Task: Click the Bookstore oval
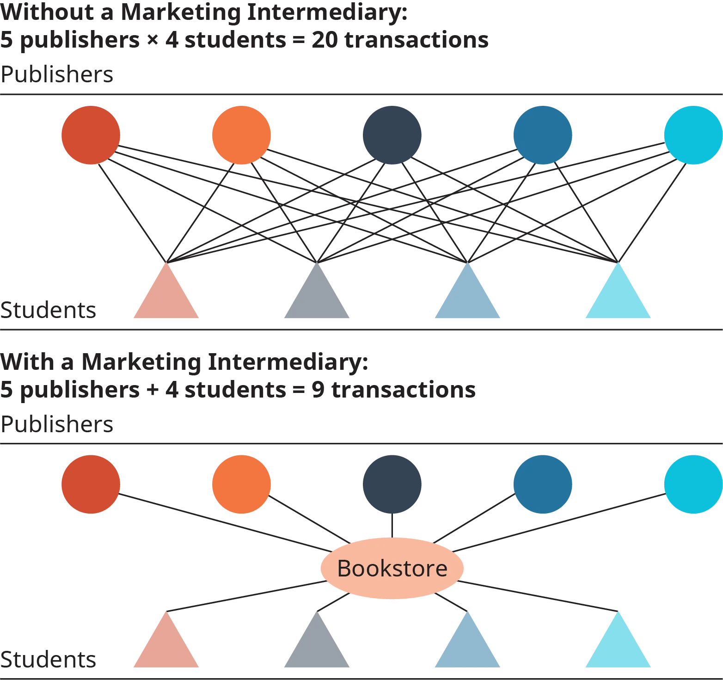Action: [392, 568]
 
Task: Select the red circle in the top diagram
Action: [91, 135]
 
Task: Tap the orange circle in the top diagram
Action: [241, 135]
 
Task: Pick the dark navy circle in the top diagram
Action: [392, 135]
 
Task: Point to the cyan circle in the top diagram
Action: [692, 135]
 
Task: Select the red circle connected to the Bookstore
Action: [91, 484]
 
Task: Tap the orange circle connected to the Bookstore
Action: [241, 484]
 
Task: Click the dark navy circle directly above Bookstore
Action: [392, 484]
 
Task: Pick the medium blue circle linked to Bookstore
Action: [543, 484]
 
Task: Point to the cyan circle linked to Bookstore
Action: [692, 484]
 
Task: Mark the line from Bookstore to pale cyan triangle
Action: [536, 596]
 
